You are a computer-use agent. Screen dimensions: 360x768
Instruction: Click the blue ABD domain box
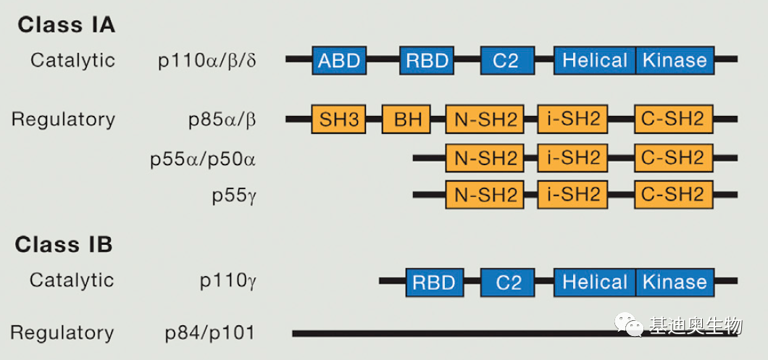point(339,60)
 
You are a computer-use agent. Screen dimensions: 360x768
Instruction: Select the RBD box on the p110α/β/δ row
point(427,60)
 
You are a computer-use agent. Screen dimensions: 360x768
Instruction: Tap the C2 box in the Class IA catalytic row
point(506,60)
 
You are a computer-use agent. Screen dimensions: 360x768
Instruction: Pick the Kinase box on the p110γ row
point(675,282)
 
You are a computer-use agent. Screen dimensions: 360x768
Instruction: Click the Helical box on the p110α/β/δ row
point(595,60)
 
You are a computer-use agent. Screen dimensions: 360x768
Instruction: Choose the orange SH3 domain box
point(338,119)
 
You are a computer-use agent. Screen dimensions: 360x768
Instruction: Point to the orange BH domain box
point(406,119)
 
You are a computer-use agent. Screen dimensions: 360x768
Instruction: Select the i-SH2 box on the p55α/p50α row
point(573,157)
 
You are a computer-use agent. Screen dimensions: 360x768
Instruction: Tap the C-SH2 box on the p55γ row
point(673,194)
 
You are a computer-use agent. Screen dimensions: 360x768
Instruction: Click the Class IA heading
point(66,25)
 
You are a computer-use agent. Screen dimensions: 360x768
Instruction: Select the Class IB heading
point(64,245)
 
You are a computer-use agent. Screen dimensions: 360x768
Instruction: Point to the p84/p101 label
point(210,333)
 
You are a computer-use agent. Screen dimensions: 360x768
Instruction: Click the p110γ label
point(228,281)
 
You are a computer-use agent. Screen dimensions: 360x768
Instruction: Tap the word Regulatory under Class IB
point(62,333)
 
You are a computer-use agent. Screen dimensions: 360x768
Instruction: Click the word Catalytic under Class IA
point(72,60)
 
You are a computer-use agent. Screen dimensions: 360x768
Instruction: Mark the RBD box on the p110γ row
point(434,282)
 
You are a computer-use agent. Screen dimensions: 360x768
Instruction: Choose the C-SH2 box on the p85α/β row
point(673,119)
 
